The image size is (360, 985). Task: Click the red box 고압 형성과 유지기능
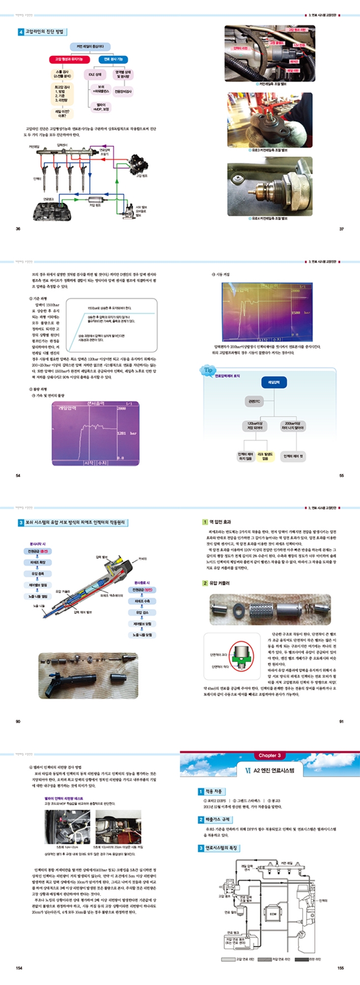[69, 59]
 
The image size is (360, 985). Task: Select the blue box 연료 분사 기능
[113, 59]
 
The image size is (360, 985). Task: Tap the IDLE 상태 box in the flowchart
[95, 75]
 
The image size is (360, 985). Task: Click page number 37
[341, 228]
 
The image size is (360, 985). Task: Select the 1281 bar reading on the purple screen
[127, 433]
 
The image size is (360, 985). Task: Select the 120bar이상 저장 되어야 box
[255, 425]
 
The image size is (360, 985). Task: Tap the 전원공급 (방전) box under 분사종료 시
[142, 590]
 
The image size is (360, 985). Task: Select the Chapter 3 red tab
[269, 755]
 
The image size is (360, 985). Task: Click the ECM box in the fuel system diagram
[273, 914]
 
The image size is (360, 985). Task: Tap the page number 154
[19, 967]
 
